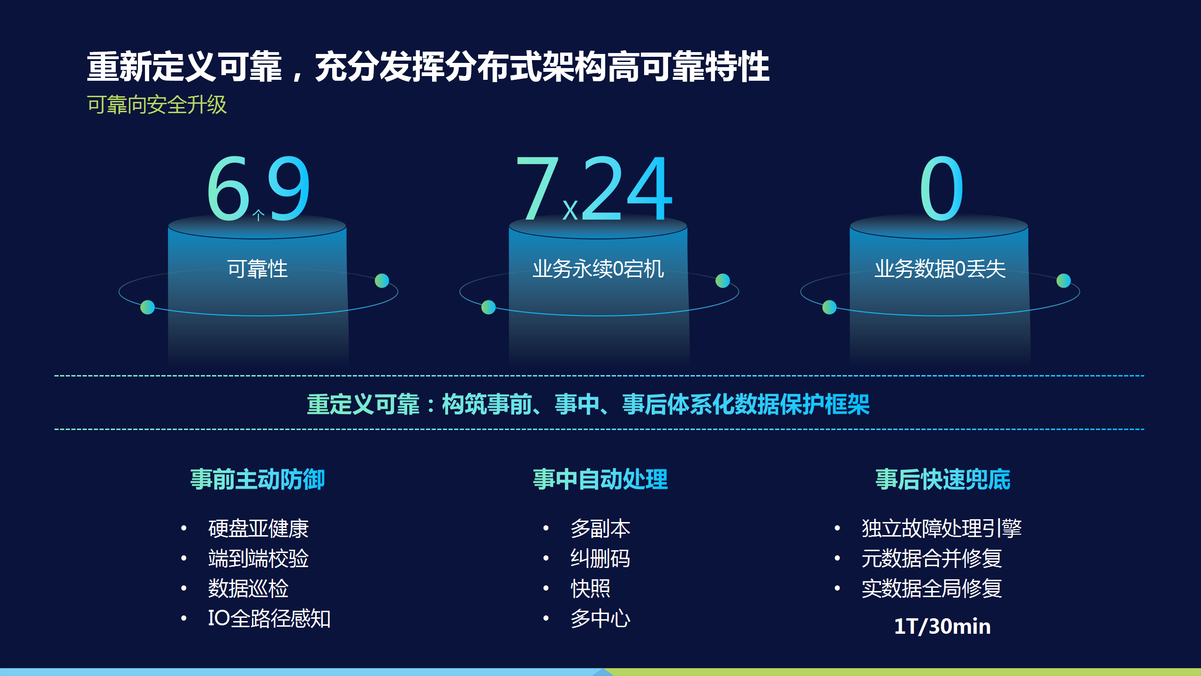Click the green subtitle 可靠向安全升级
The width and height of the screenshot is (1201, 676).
157,104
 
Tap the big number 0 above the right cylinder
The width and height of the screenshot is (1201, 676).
941,188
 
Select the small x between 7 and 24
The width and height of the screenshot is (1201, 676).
570,210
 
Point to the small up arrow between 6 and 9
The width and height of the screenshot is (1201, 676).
258,215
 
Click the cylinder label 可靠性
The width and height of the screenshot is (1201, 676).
258,269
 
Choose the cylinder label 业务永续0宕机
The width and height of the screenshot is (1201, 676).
598,269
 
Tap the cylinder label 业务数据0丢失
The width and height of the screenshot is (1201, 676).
940,269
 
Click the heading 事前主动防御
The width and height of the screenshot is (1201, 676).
258,479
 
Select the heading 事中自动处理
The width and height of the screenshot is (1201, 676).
600,479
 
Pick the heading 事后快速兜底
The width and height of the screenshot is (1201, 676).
943,479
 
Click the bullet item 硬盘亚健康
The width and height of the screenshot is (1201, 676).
258,529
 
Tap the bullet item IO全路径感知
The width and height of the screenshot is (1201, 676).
269,618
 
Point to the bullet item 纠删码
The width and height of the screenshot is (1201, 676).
600,559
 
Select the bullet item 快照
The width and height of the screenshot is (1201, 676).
591,589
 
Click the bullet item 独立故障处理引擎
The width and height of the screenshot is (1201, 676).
942,529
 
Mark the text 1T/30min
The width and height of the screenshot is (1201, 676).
943,626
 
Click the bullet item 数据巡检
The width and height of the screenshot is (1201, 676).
248,589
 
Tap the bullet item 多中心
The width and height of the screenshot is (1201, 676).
600,618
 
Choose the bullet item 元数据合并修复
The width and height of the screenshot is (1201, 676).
932,559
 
